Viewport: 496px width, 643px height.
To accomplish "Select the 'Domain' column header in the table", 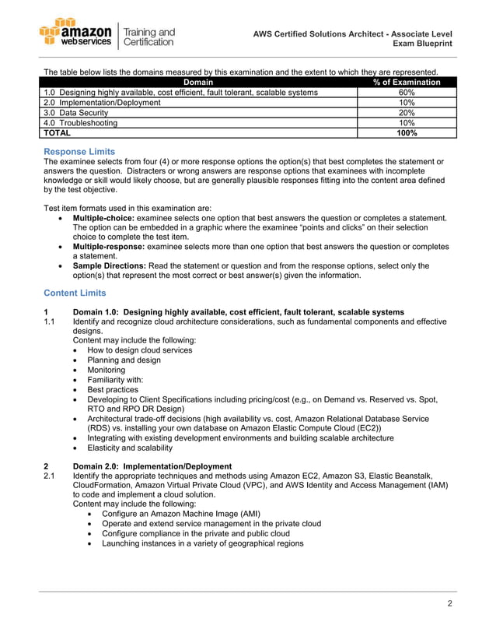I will point(198,82).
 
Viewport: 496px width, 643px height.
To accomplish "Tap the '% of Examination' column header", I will point(406,82).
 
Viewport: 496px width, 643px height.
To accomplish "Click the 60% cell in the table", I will point(406,92).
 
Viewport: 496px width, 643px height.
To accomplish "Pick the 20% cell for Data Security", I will point(406,112).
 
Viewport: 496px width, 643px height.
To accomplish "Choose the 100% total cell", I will point(406,133).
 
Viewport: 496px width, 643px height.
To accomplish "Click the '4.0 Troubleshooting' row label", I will point(81,123).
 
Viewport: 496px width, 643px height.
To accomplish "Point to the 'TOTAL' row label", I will point(56,133).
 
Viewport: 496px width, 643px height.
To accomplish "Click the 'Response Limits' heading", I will point(79,151).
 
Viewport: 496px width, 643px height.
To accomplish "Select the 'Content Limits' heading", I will point(75,293).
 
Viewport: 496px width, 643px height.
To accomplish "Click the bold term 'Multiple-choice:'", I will point(103,218).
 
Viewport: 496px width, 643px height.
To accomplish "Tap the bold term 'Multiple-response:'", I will point(108,246).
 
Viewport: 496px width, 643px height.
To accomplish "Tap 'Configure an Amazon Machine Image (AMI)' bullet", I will point(180,514).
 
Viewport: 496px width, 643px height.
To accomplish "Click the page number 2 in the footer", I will point(450,603).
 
